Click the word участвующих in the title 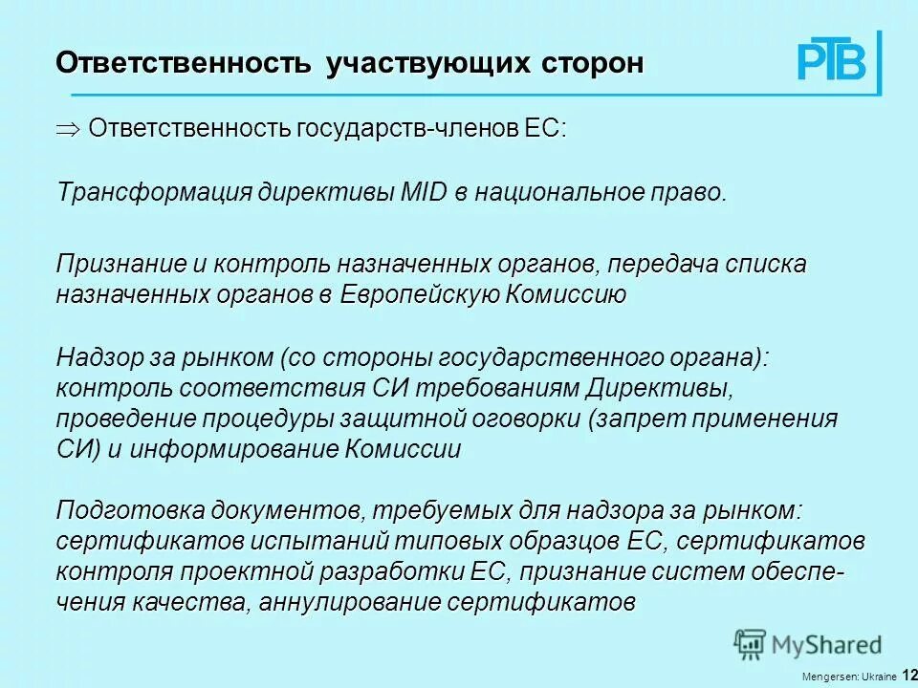point(427,64)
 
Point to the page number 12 point(909,676)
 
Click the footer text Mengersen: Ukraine point(849,677)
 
